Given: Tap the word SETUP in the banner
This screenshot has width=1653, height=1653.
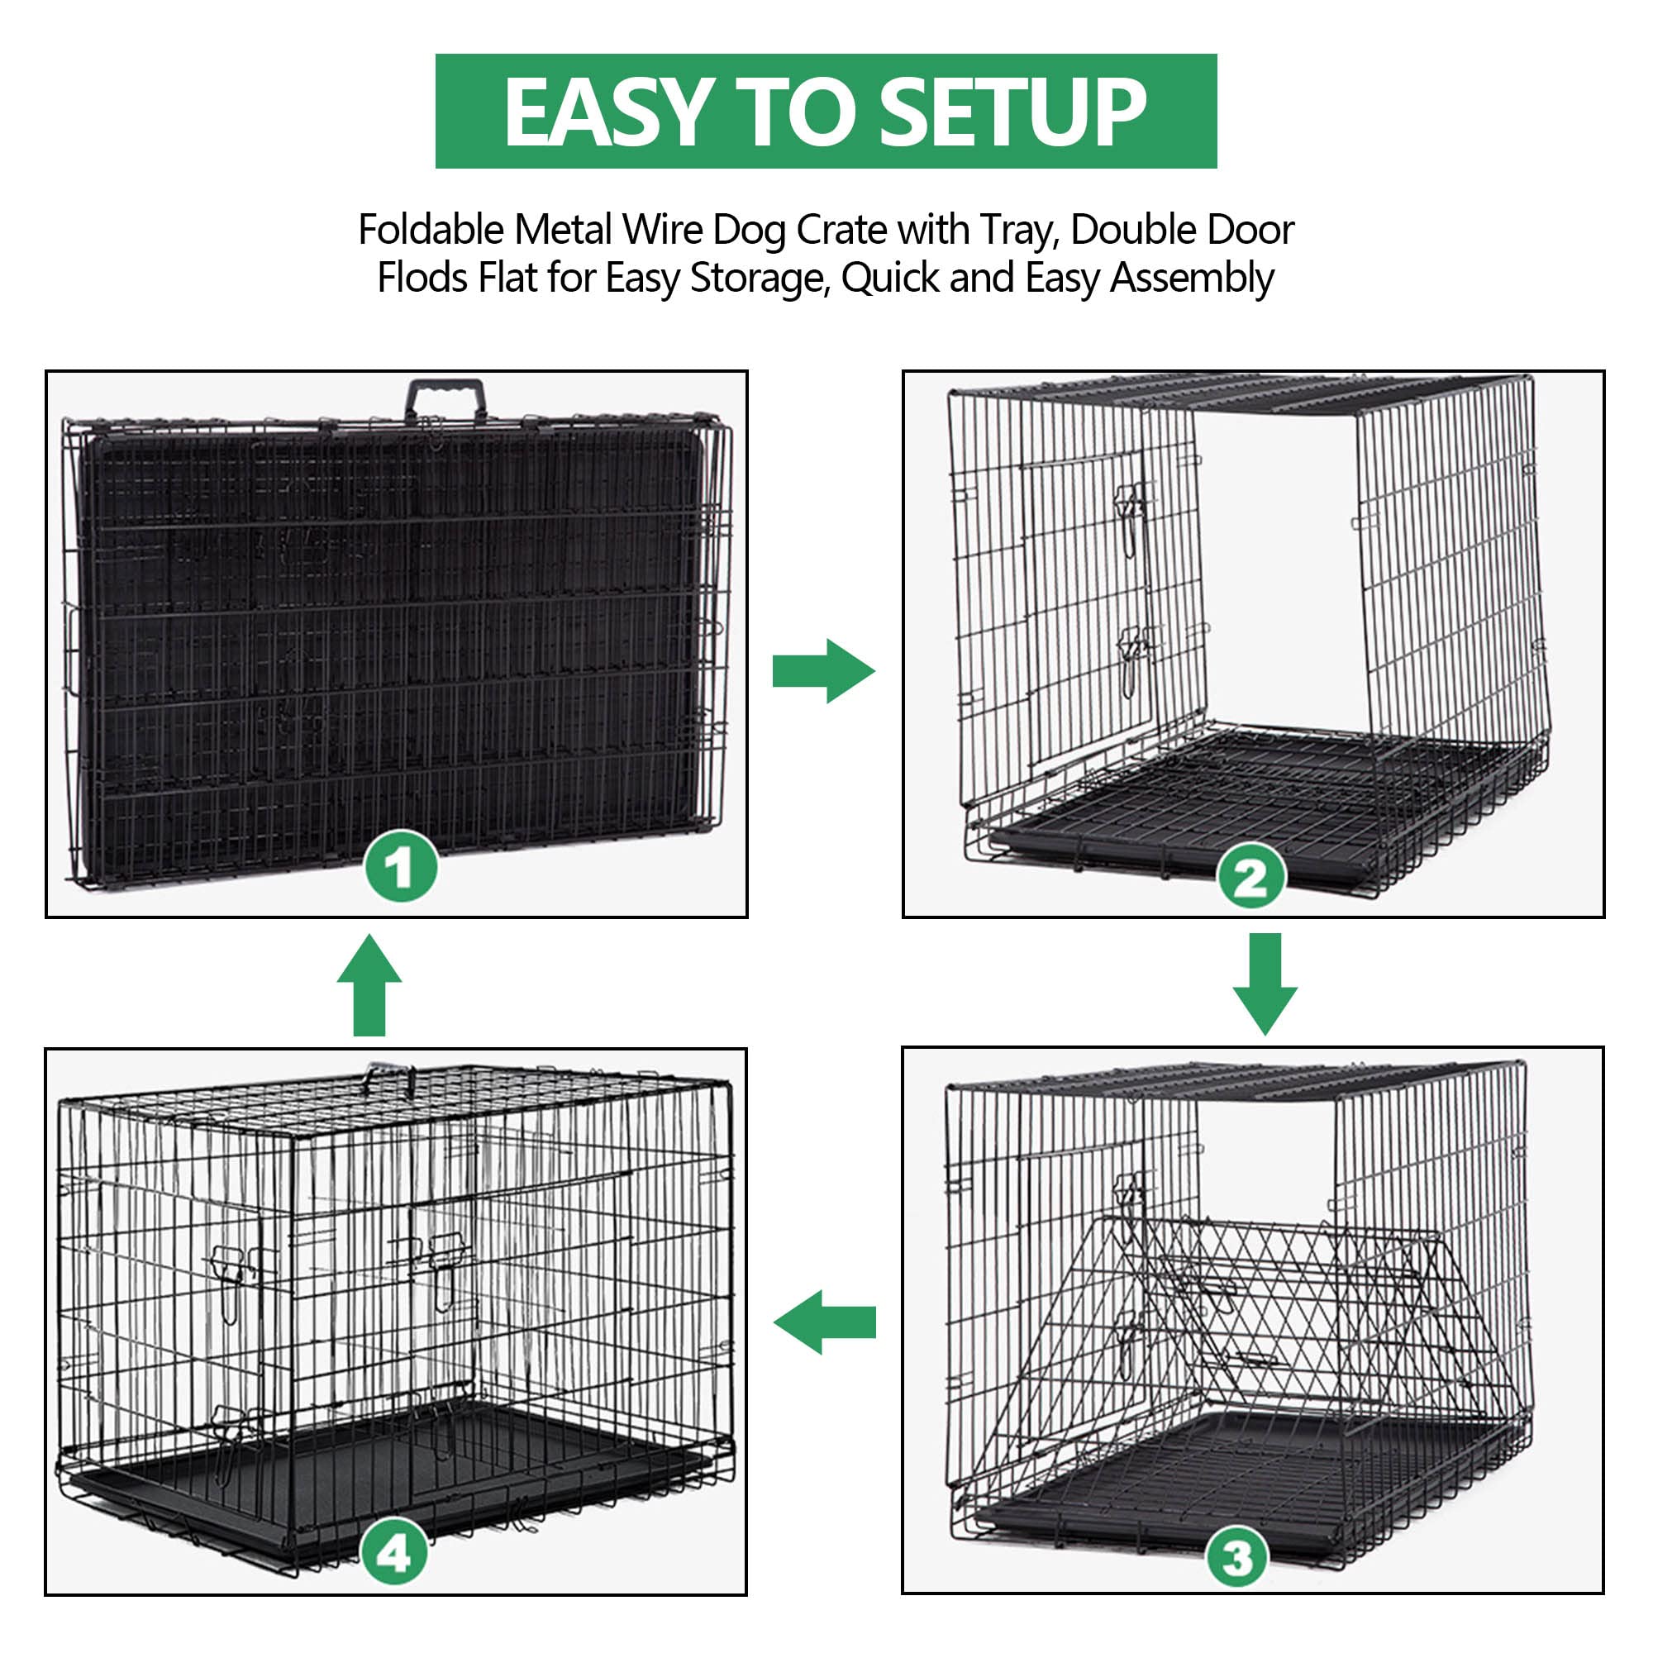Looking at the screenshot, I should point(1012,112).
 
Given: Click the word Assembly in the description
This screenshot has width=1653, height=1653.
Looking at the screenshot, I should point(1192,278).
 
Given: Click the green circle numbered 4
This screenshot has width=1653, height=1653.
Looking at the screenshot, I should point(394,1552).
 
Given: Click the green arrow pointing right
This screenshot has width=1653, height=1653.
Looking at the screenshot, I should point(824,671).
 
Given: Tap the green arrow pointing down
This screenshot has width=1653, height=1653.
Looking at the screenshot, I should point(1265,983).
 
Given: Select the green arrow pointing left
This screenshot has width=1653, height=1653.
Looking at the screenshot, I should point(824,1322).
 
